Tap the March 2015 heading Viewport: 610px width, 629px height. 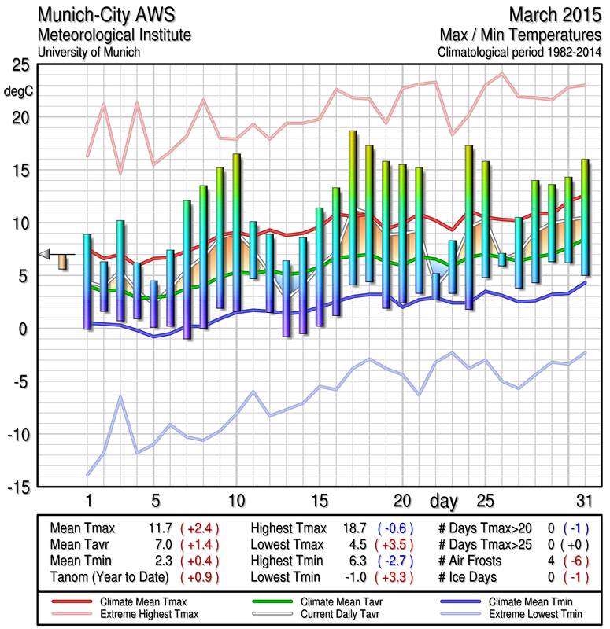tap(555, 15)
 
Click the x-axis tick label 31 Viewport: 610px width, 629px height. tap(583, 501)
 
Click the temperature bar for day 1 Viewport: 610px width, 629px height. tap(87, 281)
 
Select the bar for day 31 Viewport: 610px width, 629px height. tap(585, 217)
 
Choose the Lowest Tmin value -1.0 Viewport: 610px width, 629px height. tap(358, 577)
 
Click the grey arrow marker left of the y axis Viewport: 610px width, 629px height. tap(45, 253)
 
